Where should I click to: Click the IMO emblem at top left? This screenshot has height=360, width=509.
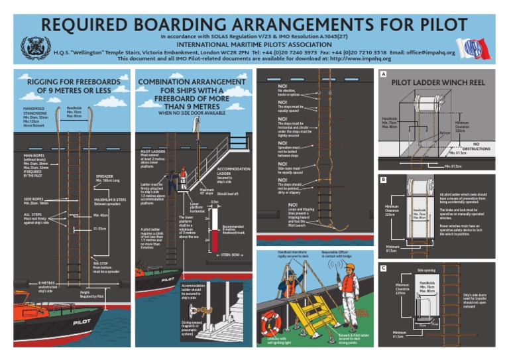tap(31, 48)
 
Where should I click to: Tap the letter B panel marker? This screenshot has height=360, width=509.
tap(383, 179)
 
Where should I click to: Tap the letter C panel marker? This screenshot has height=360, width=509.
tap(383, 268)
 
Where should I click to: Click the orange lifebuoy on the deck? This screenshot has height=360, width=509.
tap(270, 323)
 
